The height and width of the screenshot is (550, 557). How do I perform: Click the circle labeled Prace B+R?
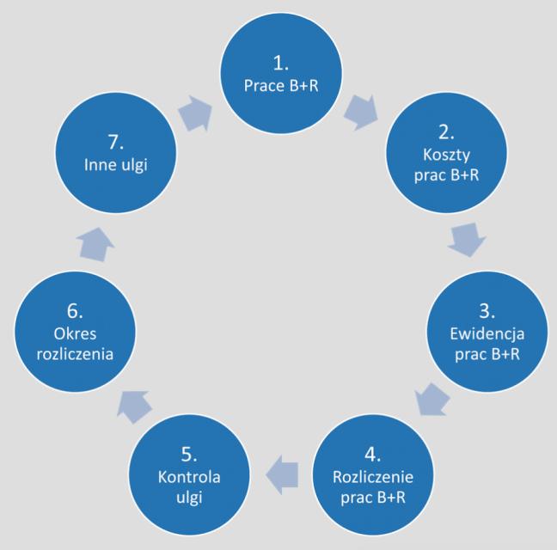pyautogui.click(x=280, y=75)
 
